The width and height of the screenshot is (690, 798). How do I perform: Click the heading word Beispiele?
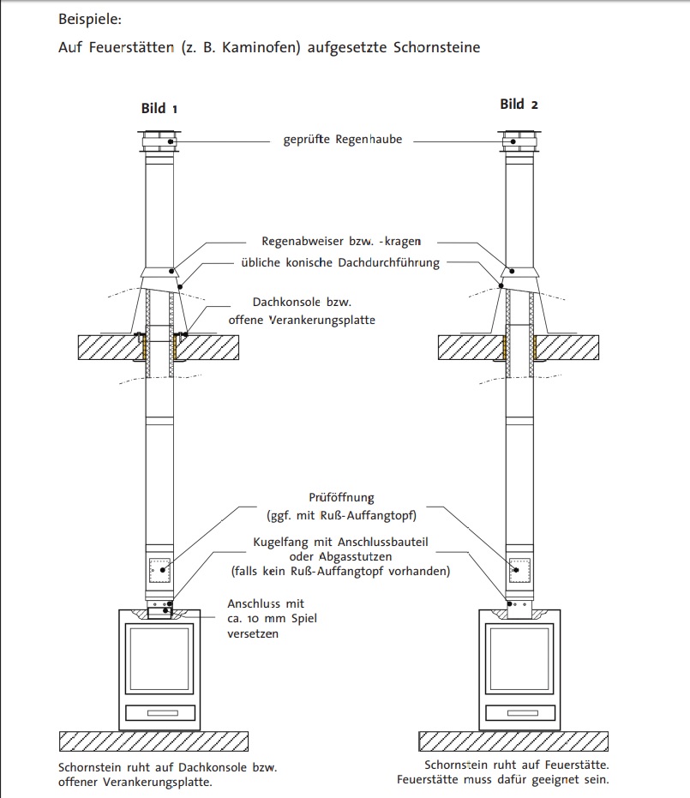click(90, 17)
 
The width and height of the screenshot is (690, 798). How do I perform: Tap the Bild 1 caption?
click(159, 109)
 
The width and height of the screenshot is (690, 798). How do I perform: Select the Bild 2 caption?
click(519, 105)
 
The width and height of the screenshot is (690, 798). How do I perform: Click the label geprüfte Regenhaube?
click(343, 139)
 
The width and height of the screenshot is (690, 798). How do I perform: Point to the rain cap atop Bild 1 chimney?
click(159, 142)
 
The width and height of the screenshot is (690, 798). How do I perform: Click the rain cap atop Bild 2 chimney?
click(519, 142)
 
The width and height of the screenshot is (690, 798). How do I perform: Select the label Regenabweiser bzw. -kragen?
click(341, 242)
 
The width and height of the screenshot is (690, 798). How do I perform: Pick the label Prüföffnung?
click(342, 497)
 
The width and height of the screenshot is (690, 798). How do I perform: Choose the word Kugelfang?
click(283, 542)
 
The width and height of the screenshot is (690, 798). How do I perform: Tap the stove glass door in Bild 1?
click(160, 657)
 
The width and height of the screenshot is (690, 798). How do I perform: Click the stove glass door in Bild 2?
click(520, 657)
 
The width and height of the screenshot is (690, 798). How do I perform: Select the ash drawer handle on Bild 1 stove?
click(160, 713)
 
